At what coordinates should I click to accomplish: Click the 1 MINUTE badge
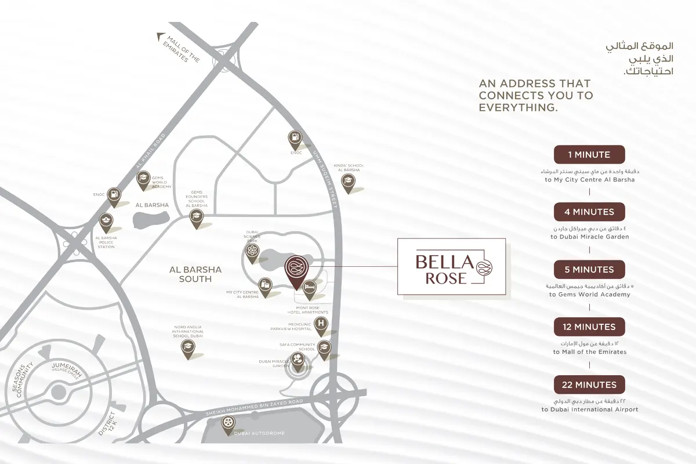589,155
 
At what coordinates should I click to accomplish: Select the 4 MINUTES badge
589,212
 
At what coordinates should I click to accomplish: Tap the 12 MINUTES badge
589,327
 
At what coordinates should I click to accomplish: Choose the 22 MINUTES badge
589,385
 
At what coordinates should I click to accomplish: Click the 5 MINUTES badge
589,270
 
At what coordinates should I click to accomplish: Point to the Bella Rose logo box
451,267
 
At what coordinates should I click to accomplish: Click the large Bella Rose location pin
296,269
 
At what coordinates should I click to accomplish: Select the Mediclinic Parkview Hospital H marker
321,324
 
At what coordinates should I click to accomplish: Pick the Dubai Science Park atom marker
252,252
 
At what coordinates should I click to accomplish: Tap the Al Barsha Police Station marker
106,221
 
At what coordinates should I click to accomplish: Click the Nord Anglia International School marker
187,347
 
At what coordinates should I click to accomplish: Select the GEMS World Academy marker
143,179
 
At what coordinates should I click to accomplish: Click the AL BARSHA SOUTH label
195,274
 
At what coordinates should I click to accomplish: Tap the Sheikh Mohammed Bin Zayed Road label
255,408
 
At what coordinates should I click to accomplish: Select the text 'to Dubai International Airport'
590,409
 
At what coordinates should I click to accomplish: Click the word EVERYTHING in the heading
518,108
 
